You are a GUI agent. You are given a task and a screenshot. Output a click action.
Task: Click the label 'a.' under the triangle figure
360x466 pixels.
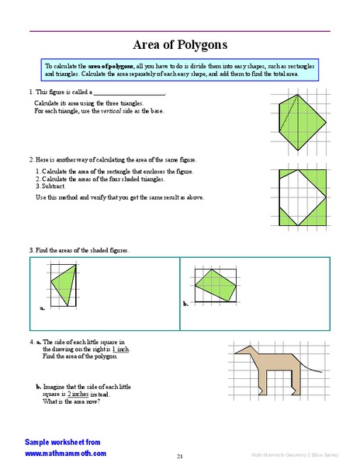pos(42,308)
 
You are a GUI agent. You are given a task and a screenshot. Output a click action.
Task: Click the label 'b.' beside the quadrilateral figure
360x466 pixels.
pos(185,304)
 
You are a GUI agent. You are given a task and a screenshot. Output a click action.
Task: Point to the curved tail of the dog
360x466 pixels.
pos(311,366)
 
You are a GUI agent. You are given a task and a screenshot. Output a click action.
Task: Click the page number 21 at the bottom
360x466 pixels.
pos(179,455)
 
